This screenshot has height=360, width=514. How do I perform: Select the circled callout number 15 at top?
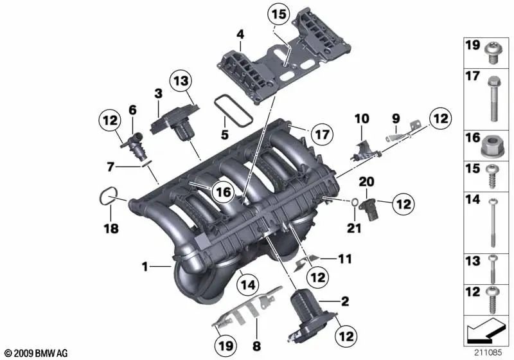point(279,14)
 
